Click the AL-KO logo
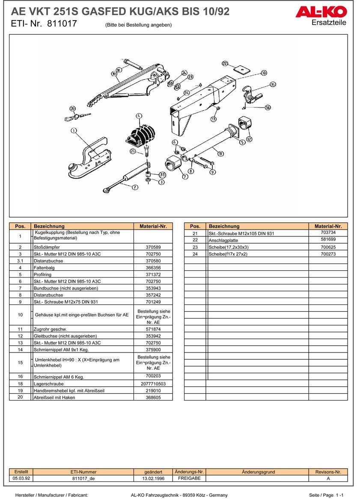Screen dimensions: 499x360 [321, 12]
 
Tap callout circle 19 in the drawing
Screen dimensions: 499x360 [114, 74]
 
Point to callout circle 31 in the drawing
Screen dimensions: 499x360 [162, 175]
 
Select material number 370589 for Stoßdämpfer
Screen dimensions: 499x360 [153, 247]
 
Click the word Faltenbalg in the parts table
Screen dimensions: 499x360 [44, 268]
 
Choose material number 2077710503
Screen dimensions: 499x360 [153, 384]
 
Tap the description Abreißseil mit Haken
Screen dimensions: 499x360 [54, 397]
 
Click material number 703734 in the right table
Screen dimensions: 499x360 [328, 233]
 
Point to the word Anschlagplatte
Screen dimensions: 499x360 [223, 240]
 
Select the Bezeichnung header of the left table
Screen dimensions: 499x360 [49, 226]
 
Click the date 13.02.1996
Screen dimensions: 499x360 [153, 478]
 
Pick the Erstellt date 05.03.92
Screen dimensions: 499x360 [21, 478]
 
